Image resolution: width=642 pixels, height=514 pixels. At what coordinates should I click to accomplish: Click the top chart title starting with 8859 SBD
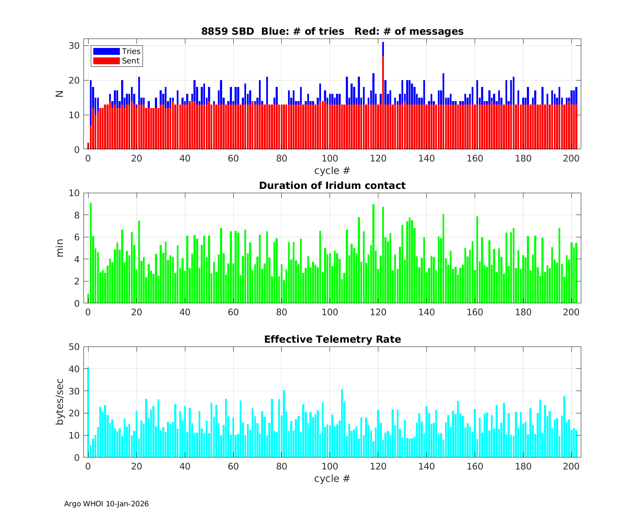click(332, 31)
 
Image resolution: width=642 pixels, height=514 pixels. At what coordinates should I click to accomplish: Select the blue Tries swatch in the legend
click(106, 51)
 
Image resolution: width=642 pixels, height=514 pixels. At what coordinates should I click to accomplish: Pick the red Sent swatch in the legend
click(106, 61)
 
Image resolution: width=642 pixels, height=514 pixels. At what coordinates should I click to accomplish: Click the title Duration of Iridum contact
click(332, 185)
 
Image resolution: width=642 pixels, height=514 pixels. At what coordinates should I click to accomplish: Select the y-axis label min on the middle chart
click(60, 248)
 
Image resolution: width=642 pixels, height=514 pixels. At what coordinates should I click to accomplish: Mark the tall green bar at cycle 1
click(91, 253)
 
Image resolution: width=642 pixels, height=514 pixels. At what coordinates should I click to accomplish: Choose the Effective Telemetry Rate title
click(332, 339)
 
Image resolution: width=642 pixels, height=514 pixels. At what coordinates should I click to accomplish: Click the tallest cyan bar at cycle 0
click(88, 411)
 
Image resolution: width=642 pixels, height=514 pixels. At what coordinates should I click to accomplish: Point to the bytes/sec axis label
click(60, 402)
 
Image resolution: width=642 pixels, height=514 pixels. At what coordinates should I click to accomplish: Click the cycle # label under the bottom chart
click(332, 478)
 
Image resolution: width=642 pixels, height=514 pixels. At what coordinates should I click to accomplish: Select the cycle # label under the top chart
click(332, 170)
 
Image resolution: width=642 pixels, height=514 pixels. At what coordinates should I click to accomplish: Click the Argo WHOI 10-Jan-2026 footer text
click(106, 504)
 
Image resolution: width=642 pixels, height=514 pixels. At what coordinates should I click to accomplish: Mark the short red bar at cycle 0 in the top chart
click(88, 146)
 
